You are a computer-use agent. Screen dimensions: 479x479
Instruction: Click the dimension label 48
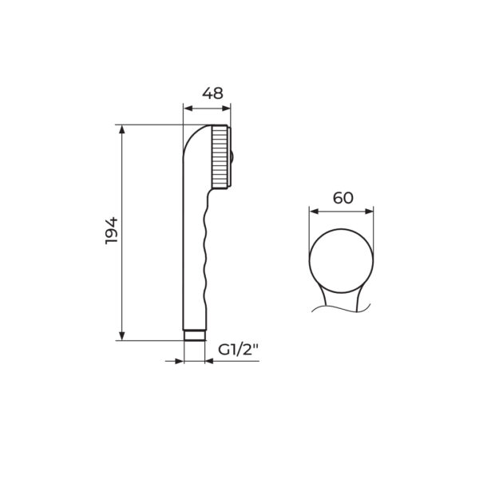tap(212, 93)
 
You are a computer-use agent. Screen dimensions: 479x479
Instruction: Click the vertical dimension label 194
tap(111, 231)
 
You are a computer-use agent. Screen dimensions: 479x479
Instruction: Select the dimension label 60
tap(342, 198)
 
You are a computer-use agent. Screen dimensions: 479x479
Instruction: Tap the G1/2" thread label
tap(238, 350)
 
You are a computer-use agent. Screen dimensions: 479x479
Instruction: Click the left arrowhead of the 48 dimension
tap(188, 108)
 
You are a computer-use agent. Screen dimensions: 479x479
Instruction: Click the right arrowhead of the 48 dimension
tap(226, 108)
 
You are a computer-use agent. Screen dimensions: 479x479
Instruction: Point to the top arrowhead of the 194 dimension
tap(122, 129)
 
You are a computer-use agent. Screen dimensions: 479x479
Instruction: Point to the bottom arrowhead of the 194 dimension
tap(122, 336)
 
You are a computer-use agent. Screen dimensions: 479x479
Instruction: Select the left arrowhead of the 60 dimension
tap(314, 212)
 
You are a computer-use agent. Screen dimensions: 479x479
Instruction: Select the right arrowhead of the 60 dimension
tap(369, 212)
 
